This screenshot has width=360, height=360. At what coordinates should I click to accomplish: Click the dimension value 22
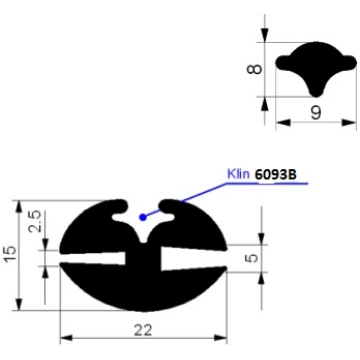(143, 330)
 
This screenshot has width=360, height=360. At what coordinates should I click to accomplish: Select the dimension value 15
(11, 255)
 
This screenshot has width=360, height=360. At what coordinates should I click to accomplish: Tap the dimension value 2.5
(36, 221)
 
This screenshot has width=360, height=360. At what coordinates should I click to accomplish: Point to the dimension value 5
(253, 258)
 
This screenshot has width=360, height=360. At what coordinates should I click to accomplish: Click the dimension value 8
(254, 69)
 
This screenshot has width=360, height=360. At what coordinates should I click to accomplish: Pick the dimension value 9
(315, 113)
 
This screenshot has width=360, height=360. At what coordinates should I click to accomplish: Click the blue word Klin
(238, 174)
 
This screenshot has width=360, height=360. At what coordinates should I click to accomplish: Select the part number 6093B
(276, 174)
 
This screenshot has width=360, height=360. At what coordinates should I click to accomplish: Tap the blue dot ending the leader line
(143, 217)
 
